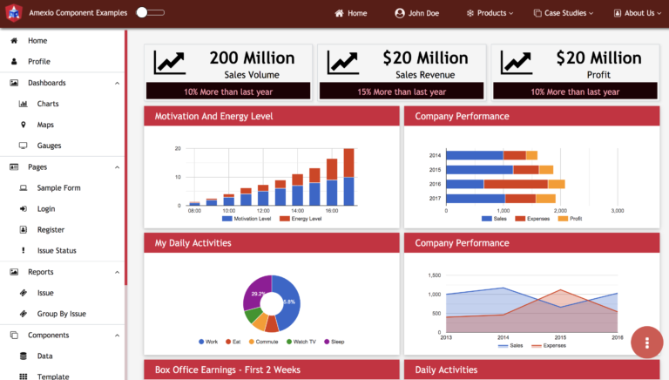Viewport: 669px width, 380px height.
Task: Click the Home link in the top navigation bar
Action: [x=352, y=13]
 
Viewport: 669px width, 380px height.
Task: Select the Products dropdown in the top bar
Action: [x=490, y=13]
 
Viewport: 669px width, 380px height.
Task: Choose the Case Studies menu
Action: [x=563, y=13]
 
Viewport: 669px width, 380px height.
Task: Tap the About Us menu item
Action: [x=634, y=13]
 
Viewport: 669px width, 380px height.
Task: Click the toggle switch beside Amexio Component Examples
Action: [x=150, y=13]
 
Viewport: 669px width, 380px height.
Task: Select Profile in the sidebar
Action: [x=38, y=62]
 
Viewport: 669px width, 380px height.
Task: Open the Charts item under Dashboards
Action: [x=48, y=104]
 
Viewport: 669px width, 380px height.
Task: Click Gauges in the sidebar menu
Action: [x=49, y=146]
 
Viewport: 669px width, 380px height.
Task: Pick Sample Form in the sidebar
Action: [x=58, y=187]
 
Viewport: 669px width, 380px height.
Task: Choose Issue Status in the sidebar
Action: [x=57, y=251]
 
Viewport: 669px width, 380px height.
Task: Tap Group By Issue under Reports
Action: [x=61, y=314]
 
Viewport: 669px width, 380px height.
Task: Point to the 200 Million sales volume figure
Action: [x=252, y=58]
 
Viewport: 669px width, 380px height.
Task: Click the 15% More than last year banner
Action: [x=401, y=92]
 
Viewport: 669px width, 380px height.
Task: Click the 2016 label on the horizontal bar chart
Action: [x=435, y=184]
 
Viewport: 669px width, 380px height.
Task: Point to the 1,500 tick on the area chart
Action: [x=434, y=275]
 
